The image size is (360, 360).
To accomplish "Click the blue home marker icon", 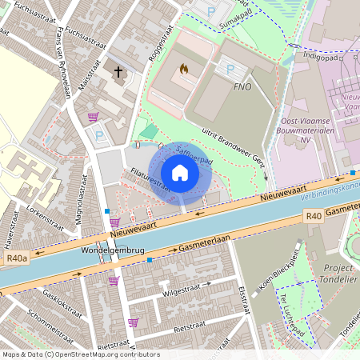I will point(180,173).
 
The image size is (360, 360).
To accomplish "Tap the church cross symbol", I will point(118,72).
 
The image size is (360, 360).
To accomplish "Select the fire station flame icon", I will point(186,70).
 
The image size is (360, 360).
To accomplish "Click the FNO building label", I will point(243,86).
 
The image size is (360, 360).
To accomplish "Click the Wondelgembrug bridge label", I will point(113,250).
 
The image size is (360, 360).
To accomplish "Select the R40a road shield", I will point(16,258).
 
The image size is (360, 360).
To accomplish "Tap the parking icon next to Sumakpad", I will point(210,12).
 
